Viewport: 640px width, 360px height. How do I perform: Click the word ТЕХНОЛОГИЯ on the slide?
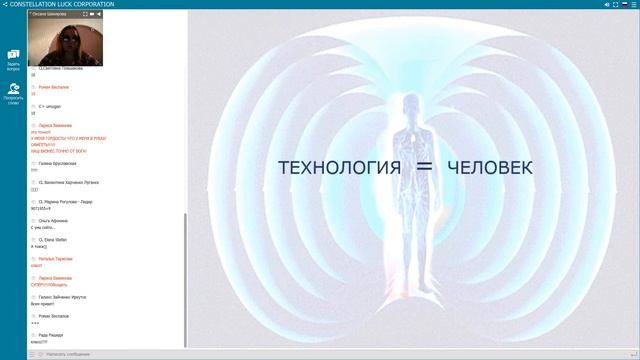coord(340,168)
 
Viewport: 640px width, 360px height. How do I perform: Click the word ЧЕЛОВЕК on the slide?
coord(491,168)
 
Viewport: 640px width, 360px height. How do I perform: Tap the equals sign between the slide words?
coord(423,168)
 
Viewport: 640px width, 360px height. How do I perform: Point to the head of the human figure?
coord(409,105)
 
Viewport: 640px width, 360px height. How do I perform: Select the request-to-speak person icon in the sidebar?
coord(14,90)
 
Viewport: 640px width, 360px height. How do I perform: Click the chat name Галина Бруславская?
coord(57,163)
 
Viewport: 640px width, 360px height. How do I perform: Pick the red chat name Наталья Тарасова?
coord(56,258)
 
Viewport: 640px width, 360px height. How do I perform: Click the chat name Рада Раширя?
coord(50,335)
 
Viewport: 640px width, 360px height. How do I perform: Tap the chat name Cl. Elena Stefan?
coord(54,239)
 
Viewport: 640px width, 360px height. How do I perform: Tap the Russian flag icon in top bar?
coord(624,4)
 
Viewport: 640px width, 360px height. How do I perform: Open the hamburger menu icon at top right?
coord(634,4)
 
